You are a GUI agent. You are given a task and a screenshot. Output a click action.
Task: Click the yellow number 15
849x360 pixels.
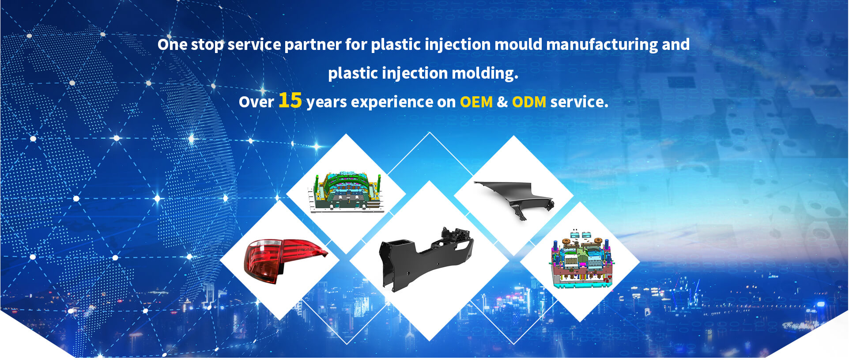click(290, 100)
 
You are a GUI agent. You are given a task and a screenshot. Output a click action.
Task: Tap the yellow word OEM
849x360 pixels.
click(476, 102)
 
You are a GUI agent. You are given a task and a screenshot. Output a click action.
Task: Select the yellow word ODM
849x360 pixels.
click(529, 102)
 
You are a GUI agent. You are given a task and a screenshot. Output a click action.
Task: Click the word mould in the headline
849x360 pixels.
click(518, 45)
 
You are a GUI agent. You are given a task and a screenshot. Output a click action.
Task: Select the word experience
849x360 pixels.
click(392, 102)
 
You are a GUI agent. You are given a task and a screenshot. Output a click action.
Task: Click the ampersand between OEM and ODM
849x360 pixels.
click(502, 102)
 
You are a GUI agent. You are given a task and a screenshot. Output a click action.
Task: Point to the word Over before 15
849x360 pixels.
click(256, 102)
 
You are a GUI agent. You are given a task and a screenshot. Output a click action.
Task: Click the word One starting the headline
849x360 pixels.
click(172, 45)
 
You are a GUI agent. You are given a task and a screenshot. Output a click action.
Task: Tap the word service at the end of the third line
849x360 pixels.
click(578, 102)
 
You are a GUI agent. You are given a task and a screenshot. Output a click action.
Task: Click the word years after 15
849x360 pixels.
click(326, 102)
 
